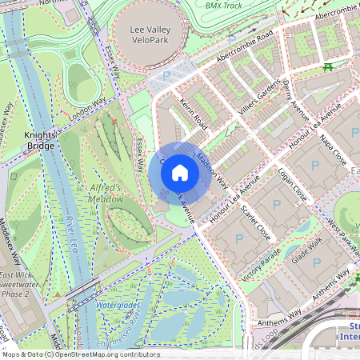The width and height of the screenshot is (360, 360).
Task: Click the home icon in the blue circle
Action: point(180,172)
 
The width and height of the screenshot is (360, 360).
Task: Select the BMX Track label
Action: point(223,5)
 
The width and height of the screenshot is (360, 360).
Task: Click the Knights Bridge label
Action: point(39,140)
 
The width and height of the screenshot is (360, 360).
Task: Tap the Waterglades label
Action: point(118,306)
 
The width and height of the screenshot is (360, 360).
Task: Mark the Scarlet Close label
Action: point(255,222)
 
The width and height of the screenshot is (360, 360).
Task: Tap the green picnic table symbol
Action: point(327,67)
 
